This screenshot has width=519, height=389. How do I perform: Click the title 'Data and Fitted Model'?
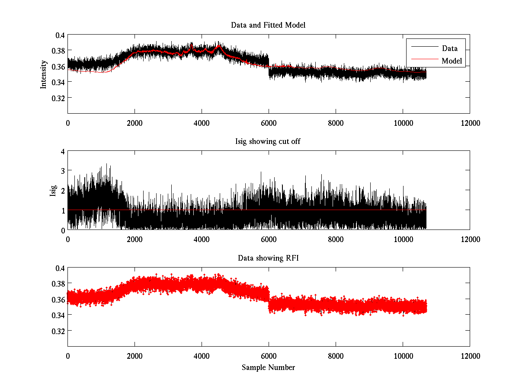tap(268, 25)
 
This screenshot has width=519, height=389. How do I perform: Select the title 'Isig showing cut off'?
tap(268, 142)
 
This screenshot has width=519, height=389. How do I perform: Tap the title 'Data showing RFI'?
tap(268, 258)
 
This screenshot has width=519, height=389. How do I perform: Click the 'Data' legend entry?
tap(449, 48)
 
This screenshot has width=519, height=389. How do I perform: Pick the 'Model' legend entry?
tap(452, 61)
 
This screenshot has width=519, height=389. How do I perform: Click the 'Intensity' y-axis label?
tap(43, 74)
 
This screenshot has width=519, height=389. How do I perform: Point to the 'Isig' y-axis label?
tap(53, 191)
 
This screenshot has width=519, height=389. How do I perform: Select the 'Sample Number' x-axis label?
tap(268, 368)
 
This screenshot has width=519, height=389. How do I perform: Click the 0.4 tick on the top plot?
tap(59, 35)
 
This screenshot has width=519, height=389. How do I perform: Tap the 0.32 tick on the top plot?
tap(58, 98)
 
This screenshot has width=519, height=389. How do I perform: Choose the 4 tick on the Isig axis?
tap(63, 152)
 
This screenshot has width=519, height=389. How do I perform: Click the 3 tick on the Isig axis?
tap(63, 171)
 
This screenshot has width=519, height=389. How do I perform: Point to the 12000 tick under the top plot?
tap(470, 123)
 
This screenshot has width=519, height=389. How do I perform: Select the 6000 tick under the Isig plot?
tap(269, 240)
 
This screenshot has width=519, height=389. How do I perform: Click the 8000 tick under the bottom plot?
tap(336, 357)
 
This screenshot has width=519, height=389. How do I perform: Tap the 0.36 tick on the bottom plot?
tap(58, 299)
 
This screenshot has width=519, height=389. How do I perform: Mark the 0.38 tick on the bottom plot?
tap(58, 284)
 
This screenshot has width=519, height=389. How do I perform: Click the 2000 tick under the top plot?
tap(135, 123)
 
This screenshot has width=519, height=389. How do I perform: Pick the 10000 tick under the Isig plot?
tap(403, 240)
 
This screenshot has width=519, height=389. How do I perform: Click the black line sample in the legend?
tap(422, 48)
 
